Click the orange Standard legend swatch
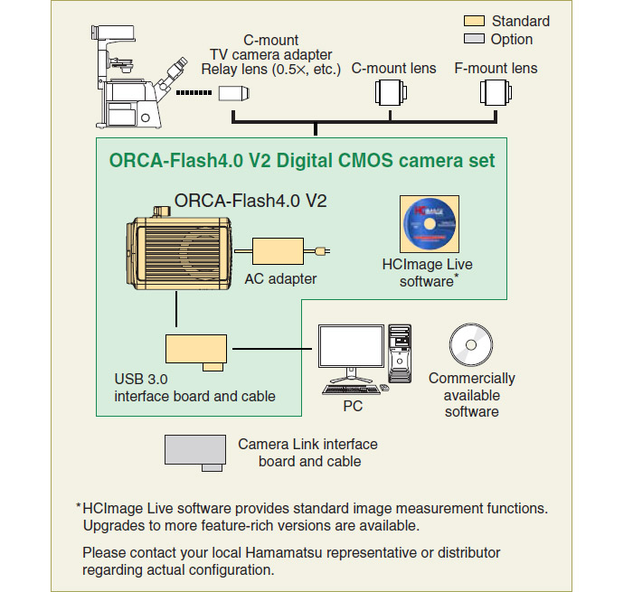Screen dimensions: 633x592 (x=474, y=21)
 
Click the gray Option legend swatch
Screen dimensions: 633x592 (x=474, y=39)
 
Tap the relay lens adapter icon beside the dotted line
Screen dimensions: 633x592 (x=234, y=93)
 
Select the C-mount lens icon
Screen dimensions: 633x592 (x=391, y=92)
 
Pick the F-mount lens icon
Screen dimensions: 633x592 (x=496, y=92)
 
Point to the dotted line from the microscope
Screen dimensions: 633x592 (x=194, y=93)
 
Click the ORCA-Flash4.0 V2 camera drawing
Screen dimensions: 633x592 (x=179, y=249)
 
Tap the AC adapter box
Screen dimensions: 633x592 (x=278, y=251)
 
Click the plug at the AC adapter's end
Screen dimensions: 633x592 (x=323, y=251)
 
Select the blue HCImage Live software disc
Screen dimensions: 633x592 (x=430, y=224)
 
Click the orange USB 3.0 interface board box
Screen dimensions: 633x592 (x=196, y=352)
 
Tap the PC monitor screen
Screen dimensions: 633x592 (x=351, y=346)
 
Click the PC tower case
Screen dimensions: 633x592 (x=400, y=353)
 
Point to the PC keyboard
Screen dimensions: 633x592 (x=351, y=390)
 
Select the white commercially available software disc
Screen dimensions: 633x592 (x=471, y=345)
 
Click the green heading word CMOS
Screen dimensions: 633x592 (x=365, y=160)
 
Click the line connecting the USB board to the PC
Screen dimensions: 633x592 (x=272, y=348)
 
